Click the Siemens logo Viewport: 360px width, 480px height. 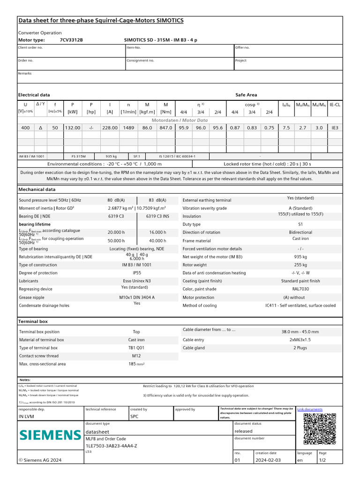tap(50, 435)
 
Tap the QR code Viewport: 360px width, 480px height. tap(320, 428)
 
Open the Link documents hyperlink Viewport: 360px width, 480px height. tap(310, 409)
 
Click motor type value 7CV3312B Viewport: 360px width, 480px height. tap(71, 40)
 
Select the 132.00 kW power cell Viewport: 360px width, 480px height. tap(73, 127)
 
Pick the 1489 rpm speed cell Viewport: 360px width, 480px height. tap(128, 127)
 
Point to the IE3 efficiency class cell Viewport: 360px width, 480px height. tap(335, 127)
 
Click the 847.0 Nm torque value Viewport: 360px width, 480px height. tap(165, 127)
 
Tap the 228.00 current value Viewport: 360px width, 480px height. tap(110, 127)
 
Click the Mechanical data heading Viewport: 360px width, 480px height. tap(37, 189)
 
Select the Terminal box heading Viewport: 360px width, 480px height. tap(33, 322)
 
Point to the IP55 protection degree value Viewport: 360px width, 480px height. tap(137, 272)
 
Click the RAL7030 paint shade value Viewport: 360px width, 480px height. tap(300, 289)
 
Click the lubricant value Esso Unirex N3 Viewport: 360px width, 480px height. tap(137, 281)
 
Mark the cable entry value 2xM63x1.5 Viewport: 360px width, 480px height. tap(300, 339)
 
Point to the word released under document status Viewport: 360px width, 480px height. tap(243, 431)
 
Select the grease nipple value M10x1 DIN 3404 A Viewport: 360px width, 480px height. tap(137, 297)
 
